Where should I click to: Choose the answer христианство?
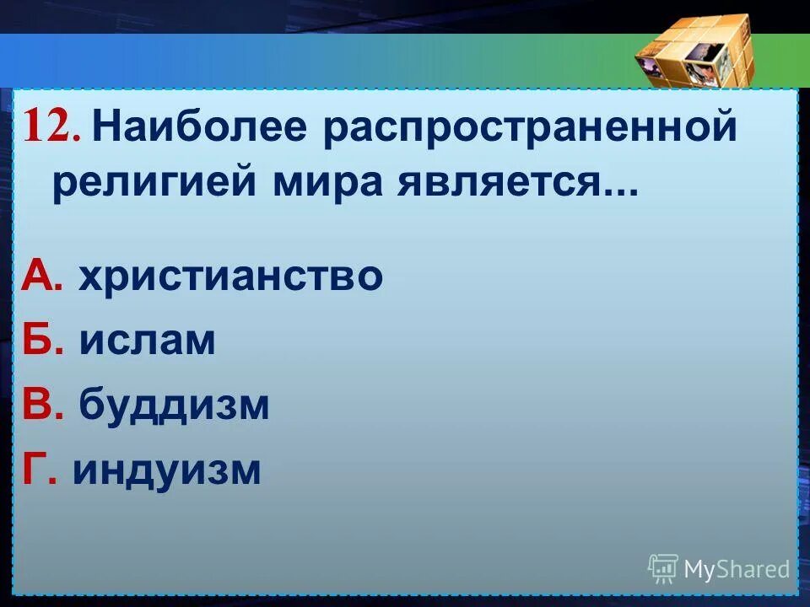[x=230, y=277]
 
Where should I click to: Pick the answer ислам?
[x=148, y=341]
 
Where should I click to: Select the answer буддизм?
[x=175, y=406]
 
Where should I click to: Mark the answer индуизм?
[x=166, y=470]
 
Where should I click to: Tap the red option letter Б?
[x=40, y=341]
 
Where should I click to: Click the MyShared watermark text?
[x=737, y=570]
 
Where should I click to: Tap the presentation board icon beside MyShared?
[x=663, y=569]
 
